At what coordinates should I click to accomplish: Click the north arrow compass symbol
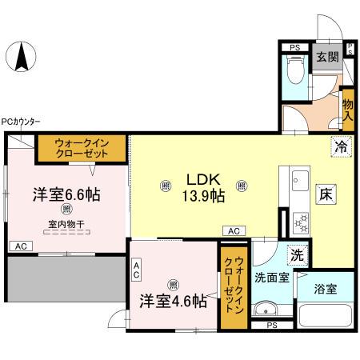click(x=22, y=58)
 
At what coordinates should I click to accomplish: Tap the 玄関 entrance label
click(x=325, y=58)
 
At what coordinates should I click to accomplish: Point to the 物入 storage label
click(x=348, y=103)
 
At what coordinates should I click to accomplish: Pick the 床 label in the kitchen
click(x=327, y=194)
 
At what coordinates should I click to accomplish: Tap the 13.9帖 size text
click(x=205, y=195)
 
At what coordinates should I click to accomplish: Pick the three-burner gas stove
click(x=299, y=218)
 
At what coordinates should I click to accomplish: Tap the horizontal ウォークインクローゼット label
click(x=89, y=149)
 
